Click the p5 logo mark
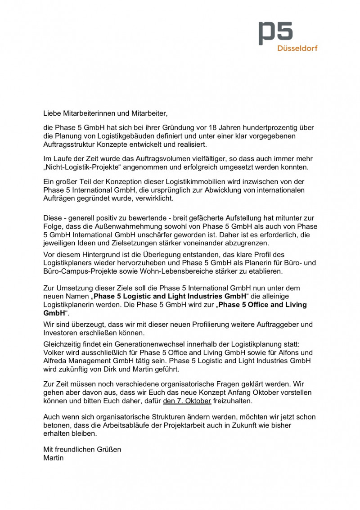[x=275, y=33]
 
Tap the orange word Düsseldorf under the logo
[x=297, y=48]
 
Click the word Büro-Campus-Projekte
[x=79, y=272]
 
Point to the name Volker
[x=54, y=352]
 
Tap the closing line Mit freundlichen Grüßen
[x=82, y=449]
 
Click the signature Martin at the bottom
[x=53, y=458]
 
